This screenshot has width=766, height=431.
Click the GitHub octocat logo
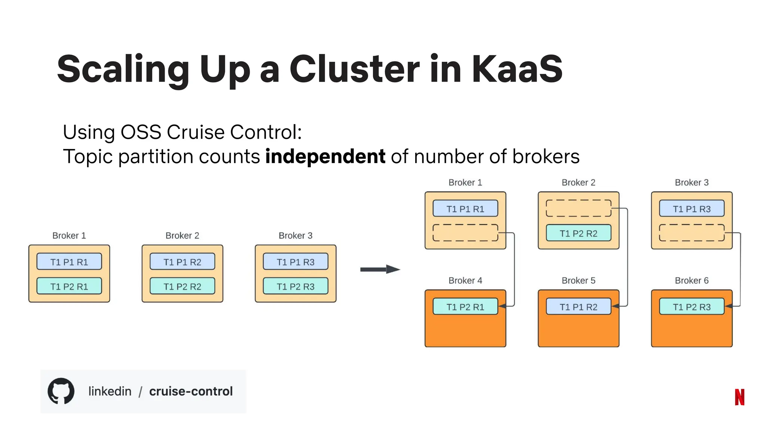pos(61,391)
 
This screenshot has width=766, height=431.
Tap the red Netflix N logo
pos(739,397)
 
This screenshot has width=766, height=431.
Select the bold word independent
pos(325,156)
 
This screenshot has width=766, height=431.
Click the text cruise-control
pos(191,391)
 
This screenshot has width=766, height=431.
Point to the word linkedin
pos(110,391)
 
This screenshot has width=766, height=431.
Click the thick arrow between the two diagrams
pos(380,269)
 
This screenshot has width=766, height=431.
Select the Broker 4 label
pos(465,281)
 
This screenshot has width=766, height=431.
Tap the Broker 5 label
pos(578,281)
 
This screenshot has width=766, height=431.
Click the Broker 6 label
pos(692,281)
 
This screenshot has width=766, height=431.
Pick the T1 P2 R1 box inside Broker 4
pos(465,307)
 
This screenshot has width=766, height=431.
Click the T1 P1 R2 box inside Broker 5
pos(578,307)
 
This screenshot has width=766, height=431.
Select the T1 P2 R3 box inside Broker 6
pos(692,307)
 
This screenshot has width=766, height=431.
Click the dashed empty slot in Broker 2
pos(578,208)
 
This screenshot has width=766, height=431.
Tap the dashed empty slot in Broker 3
pos(692,233)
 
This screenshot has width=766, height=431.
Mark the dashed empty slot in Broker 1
pos(465,233)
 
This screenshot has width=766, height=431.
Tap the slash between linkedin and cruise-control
pos(140,392)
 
